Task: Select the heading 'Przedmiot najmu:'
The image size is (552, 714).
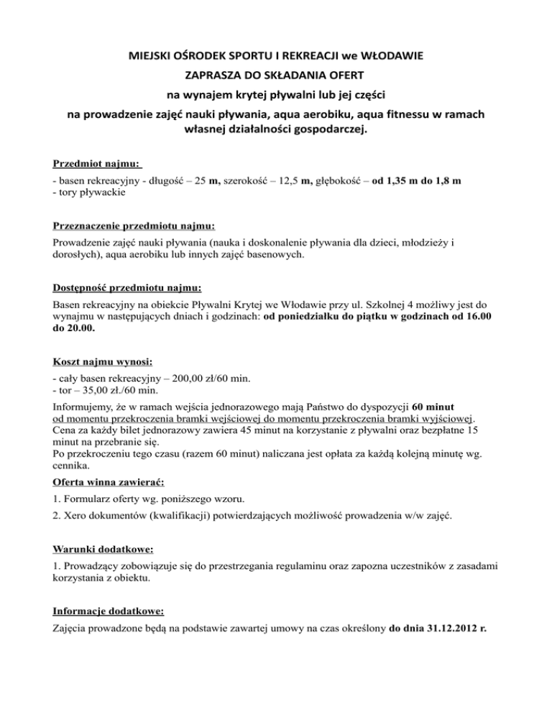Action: [97, 164]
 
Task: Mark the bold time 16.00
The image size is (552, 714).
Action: [474, 318]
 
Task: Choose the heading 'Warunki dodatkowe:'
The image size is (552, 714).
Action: [103, 550]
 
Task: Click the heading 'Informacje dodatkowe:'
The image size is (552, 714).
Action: [109, 613]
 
